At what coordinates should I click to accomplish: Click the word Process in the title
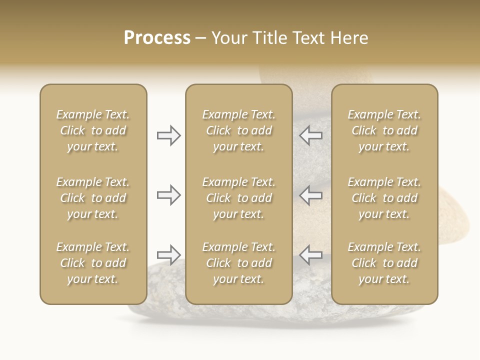(157, 38)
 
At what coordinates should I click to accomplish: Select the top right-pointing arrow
(168, 135)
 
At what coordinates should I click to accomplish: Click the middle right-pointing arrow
(168, 194)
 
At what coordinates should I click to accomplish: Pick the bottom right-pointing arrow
(168, 254)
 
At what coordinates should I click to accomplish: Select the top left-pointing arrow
(310, 135)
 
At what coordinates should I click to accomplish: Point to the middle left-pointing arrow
(310, 194)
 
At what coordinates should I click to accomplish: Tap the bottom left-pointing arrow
(310, 254)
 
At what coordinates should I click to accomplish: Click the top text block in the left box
(93, 130)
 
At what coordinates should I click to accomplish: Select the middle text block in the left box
(93, 198)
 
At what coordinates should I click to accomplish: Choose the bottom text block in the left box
(93, 263)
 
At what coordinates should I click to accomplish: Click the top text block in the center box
(239, 130)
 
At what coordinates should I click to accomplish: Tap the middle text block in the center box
(239, 198)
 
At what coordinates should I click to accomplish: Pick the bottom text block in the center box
(239, 263)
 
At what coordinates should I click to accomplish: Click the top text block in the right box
(384, 130)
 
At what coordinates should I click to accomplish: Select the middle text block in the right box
(384, 198)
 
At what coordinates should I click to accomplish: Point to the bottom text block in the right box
(384, 263)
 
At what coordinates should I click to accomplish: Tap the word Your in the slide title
(229, 38)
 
